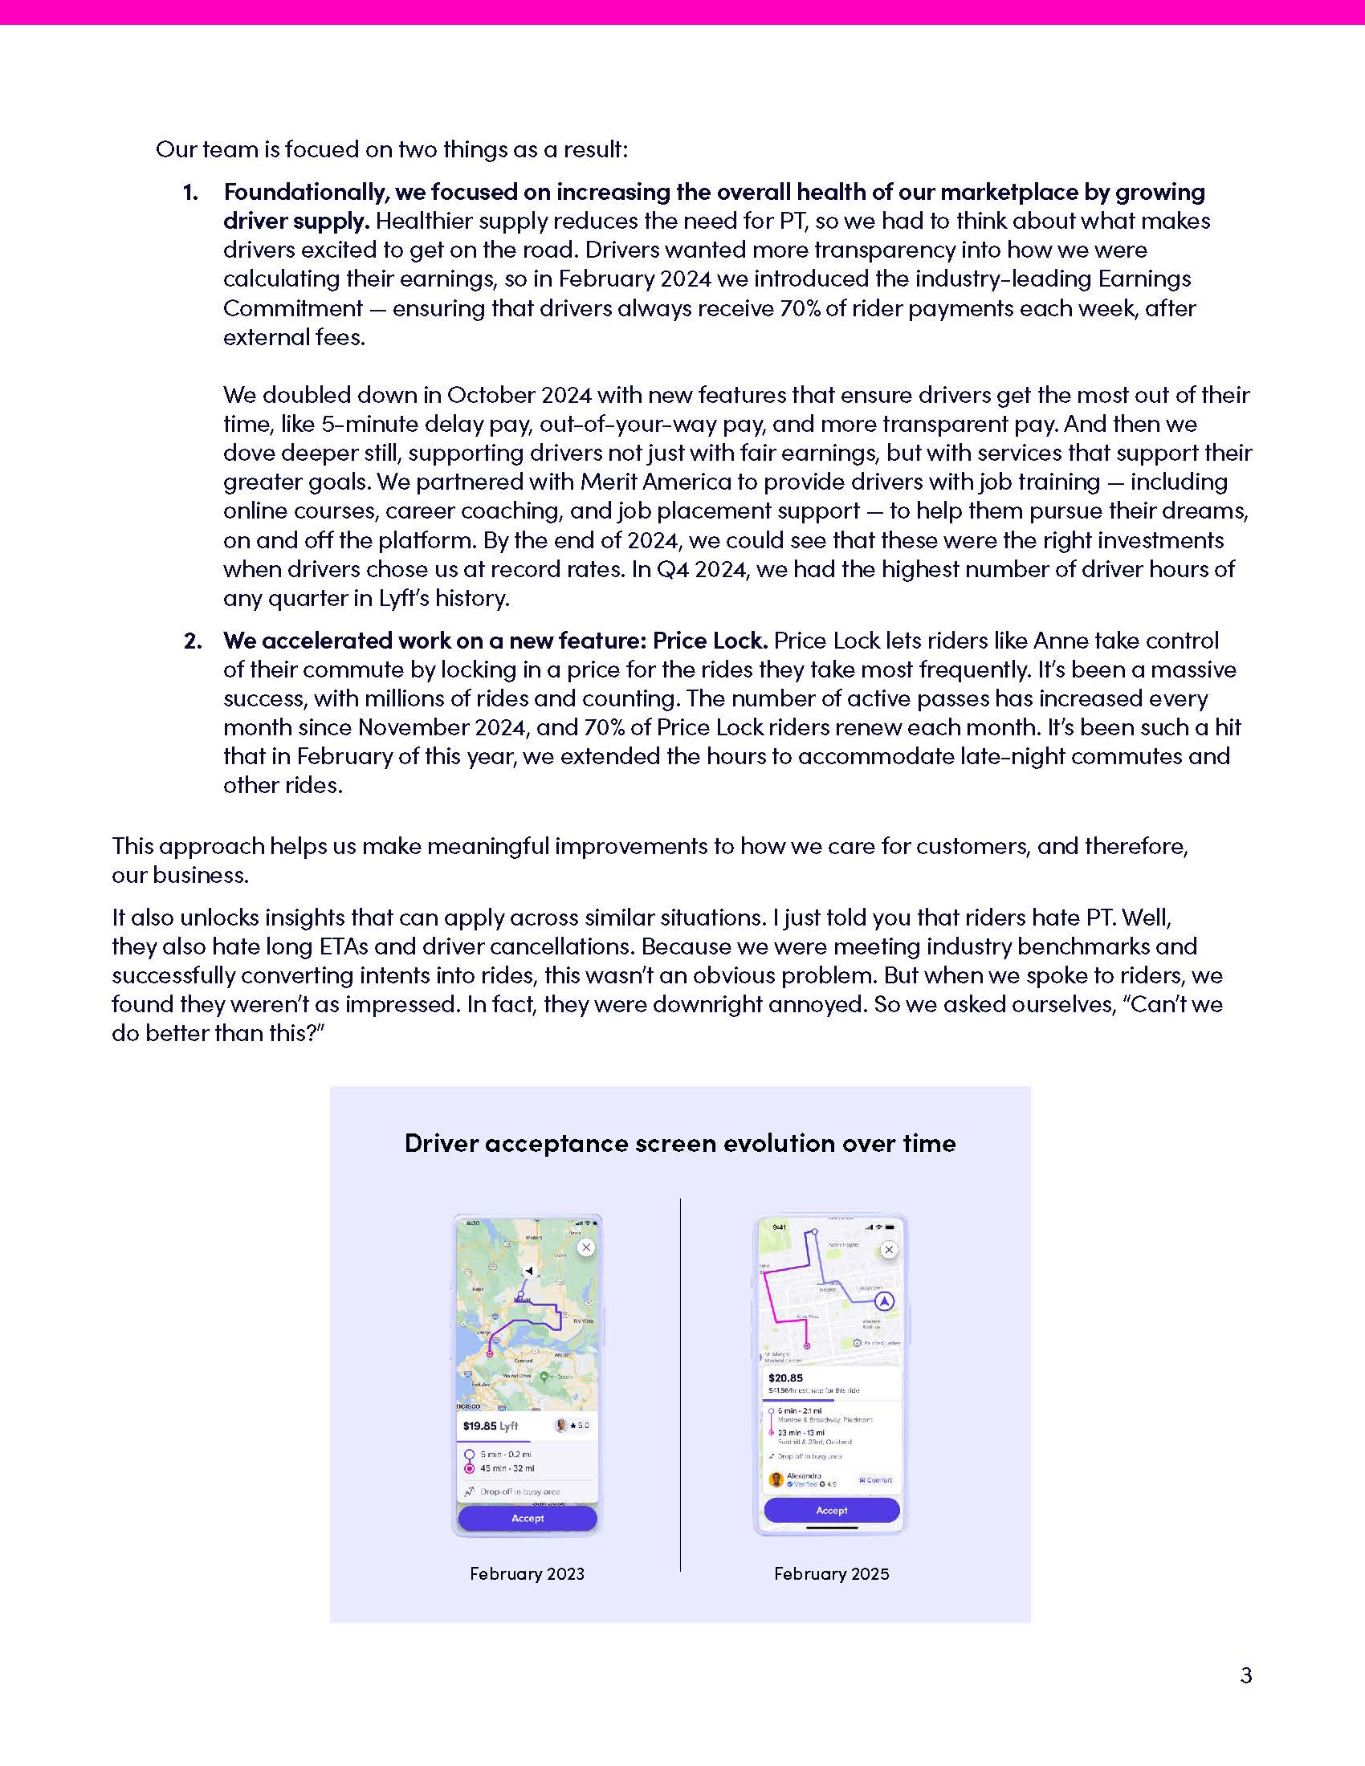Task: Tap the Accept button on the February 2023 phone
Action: (x=528, y=1518)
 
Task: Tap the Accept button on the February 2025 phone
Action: (x=831, y=1510)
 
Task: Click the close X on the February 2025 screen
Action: (x=889, y=1249)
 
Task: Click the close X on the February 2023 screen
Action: (x=586, y=1247)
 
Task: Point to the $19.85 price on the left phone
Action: (x=479, y=1426)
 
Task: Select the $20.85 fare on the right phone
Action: (x=785, y=1377)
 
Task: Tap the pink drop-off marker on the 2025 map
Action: (x=806, y=1345)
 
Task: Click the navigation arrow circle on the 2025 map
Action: (x=885, y=1301)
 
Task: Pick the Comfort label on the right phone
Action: (x=875, y=1479)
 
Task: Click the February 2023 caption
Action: (x=527, y=1573)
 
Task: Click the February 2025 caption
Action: (x=831, y=1573)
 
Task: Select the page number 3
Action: (x=1245, y=1674)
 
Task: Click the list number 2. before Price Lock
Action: (x=193, y=641)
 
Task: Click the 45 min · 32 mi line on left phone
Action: (x=507, y=1467)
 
